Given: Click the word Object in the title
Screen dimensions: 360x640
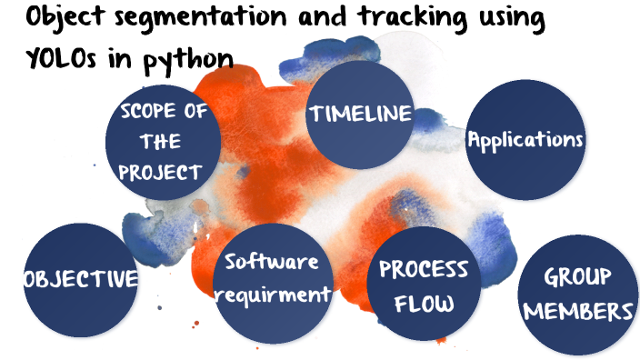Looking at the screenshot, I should [58, 18].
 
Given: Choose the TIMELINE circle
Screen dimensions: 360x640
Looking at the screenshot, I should [361, 115].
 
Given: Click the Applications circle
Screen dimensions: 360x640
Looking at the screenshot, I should [524, 140].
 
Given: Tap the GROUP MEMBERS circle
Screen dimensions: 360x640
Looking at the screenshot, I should [576, 295].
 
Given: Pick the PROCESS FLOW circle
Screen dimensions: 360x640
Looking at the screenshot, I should [424, 285].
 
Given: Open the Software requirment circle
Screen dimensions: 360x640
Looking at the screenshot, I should [272, 278].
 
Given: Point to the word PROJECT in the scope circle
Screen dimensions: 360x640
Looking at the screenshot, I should [162, 172].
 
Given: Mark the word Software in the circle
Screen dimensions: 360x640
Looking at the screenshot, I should [272, 263].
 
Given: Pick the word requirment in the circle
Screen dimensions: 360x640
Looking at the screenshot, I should [275, 295].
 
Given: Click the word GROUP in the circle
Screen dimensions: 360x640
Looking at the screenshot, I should [577, 276].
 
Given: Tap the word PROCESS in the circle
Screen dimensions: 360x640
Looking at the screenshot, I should [424, 269].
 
